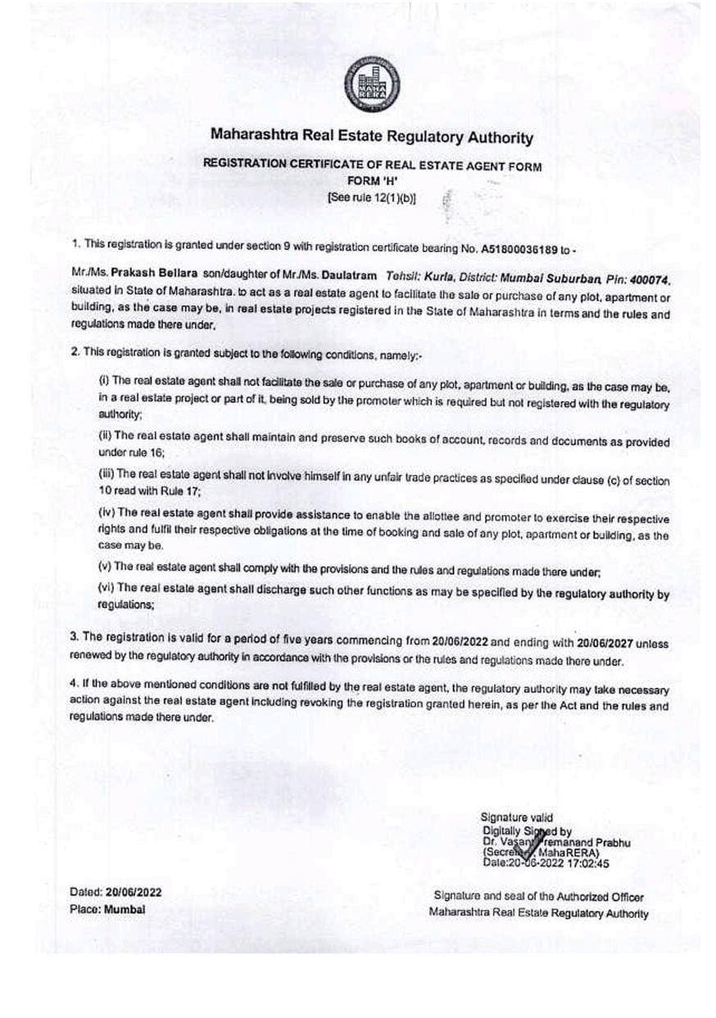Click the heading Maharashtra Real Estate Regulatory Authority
coord(372,137)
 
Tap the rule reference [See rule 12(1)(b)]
coord(371,197)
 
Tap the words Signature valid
coord(516,817)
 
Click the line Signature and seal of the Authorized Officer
coord(538,898)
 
